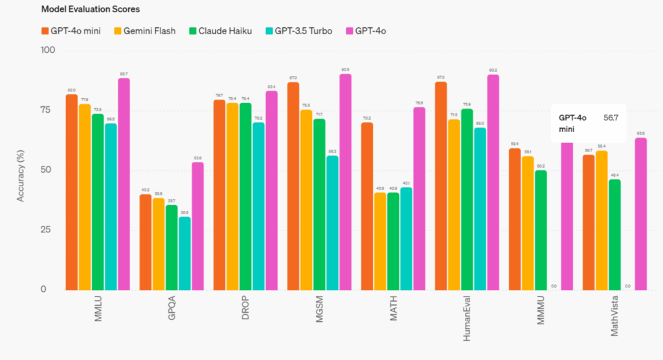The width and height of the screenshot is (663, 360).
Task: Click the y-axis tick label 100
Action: coord(48,50)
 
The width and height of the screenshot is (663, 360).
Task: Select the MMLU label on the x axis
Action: coord(98,315)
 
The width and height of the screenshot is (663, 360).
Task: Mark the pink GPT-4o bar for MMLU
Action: coord(124,184)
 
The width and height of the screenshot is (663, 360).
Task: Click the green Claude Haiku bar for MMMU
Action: coord(541,229)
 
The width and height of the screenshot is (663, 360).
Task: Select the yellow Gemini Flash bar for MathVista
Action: coord(601,220)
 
